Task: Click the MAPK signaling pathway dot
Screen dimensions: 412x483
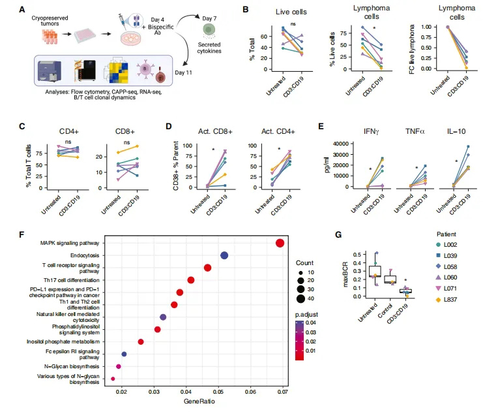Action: point(280,244)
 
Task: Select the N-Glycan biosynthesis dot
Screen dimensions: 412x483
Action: point(119,367)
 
